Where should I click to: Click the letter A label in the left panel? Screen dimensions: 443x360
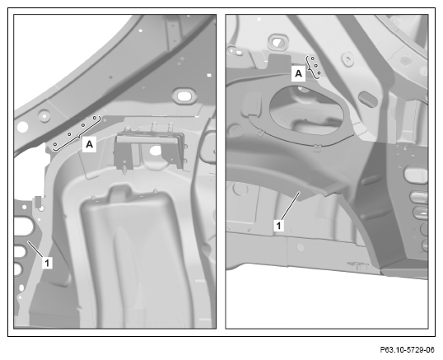(89, 144)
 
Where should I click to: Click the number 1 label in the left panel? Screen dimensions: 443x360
(47, 263)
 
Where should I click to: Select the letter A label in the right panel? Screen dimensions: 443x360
(298, 73)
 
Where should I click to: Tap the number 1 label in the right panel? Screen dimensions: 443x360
(279, 226)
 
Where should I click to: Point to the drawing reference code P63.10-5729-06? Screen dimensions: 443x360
(407, 350)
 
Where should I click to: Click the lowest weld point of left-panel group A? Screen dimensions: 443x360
(55, 144)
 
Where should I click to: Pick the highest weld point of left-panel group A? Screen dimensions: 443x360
(95, 117)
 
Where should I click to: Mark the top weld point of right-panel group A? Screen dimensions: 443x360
(313, 58)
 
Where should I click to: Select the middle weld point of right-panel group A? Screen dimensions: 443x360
(316, 66)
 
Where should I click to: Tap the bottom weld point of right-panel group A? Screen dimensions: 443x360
(319, 72)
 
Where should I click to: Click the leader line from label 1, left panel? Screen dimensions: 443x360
(35, 249)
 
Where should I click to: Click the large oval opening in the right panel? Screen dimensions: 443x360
(306, 110)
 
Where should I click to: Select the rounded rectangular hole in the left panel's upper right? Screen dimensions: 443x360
(184, 96)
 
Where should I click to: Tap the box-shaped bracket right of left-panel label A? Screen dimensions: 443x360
(149, 150)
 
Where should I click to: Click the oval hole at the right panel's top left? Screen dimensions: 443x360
(278, 41)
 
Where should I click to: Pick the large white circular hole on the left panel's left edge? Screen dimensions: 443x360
(22, 127)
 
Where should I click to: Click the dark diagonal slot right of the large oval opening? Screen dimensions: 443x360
(368, 99)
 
